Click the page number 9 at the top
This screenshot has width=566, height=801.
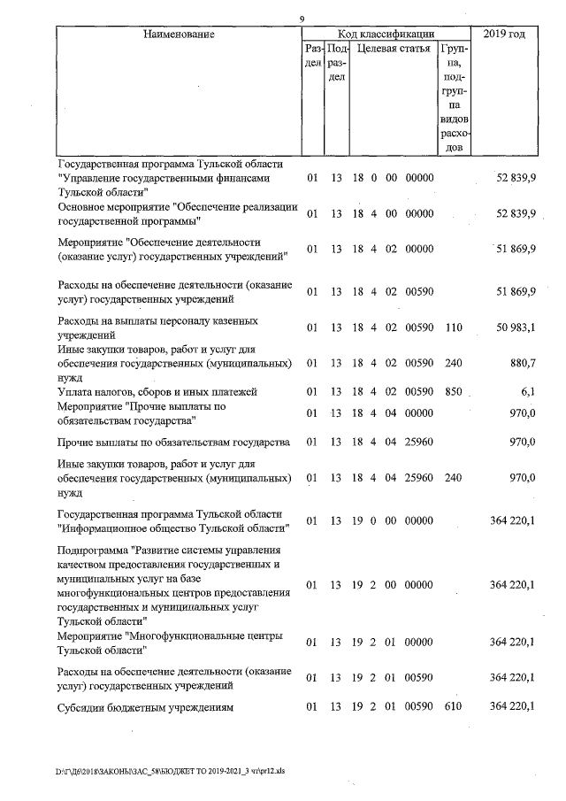click(x=302, y=19)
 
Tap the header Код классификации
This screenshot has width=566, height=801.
click(x=385, y=34)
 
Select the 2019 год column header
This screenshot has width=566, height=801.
click(x=504, y=35)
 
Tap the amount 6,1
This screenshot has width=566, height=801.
click(x=528, y=391)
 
